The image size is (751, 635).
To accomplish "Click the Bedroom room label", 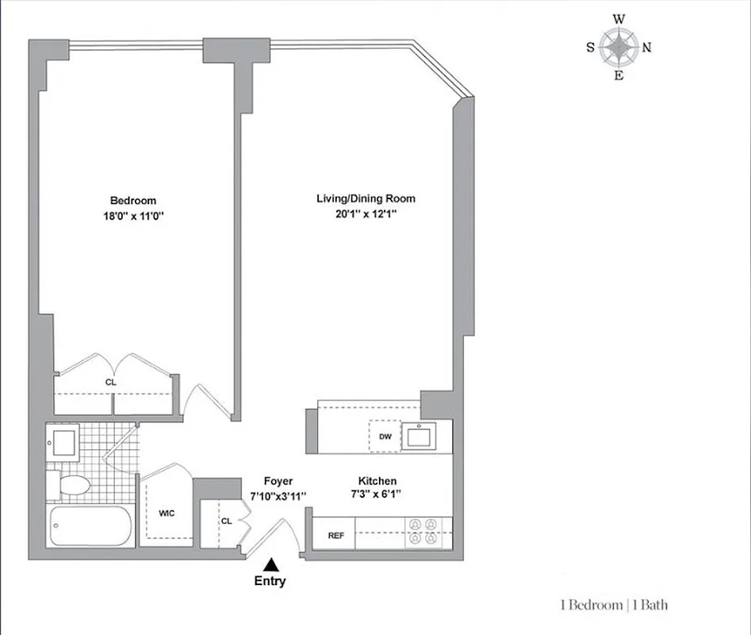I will click(x=132, y=201).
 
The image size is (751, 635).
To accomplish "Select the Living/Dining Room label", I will click(x=366, y=199).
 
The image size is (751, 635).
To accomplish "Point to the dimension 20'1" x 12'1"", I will click(x=366, y=214).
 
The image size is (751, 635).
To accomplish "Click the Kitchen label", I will click(x=377, y=481).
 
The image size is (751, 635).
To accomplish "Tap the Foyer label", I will click(x=278, y=481).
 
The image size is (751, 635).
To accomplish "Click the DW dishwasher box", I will click(x=384, y=436).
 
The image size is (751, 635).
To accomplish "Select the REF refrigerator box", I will click(x=336, y=536).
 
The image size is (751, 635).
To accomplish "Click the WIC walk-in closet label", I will click(x=166, y=513).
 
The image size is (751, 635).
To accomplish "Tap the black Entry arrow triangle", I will click(x=271, y=564).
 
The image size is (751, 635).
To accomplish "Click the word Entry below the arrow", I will click(x=270, y=581).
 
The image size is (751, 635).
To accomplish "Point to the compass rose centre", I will click(x=619, y=48).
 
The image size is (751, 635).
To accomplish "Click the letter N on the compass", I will click(x=646, y=48).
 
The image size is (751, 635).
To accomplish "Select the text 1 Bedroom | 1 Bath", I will click(x=613, y=605).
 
